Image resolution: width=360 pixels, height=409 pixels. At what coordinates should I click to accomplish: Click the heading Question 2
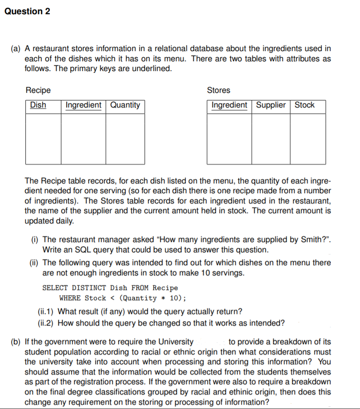pos(27,12)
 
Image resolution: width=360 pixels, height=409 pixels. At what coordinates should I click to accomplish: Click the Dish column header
pos(38,105)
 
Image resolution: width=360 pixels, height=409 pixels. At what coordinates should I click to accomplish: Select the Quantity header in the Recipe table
pos(125,105)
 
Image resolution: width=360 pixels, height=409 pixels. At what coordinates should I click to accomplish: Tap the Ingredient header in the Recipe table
pos(83,105)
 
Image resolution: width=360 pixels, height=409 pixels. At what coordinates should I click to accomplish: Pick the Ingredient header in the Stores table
pos(229,105)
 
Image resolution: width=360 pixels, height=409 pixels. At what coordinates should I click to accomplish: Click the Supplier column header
pos(271,105)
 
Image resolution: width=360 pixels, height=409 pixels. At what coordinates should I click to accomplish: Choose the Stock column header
pos(304,105)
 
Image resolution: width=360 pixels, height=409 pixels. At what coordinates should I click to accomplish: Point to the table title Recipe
pos(38,90)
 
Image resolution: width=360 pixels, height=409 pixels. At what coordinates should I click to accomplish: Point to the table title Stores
pos(219,90)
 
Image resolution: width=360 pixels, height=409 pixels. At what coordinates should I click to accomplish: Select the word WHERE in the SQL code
pos(70,298)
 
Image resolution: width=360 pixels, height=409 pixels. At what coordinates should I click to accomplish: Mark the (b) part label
pos(16,342)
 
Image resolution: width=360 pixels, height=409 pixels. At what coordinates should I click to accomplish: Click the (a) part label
pos(16,48)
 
